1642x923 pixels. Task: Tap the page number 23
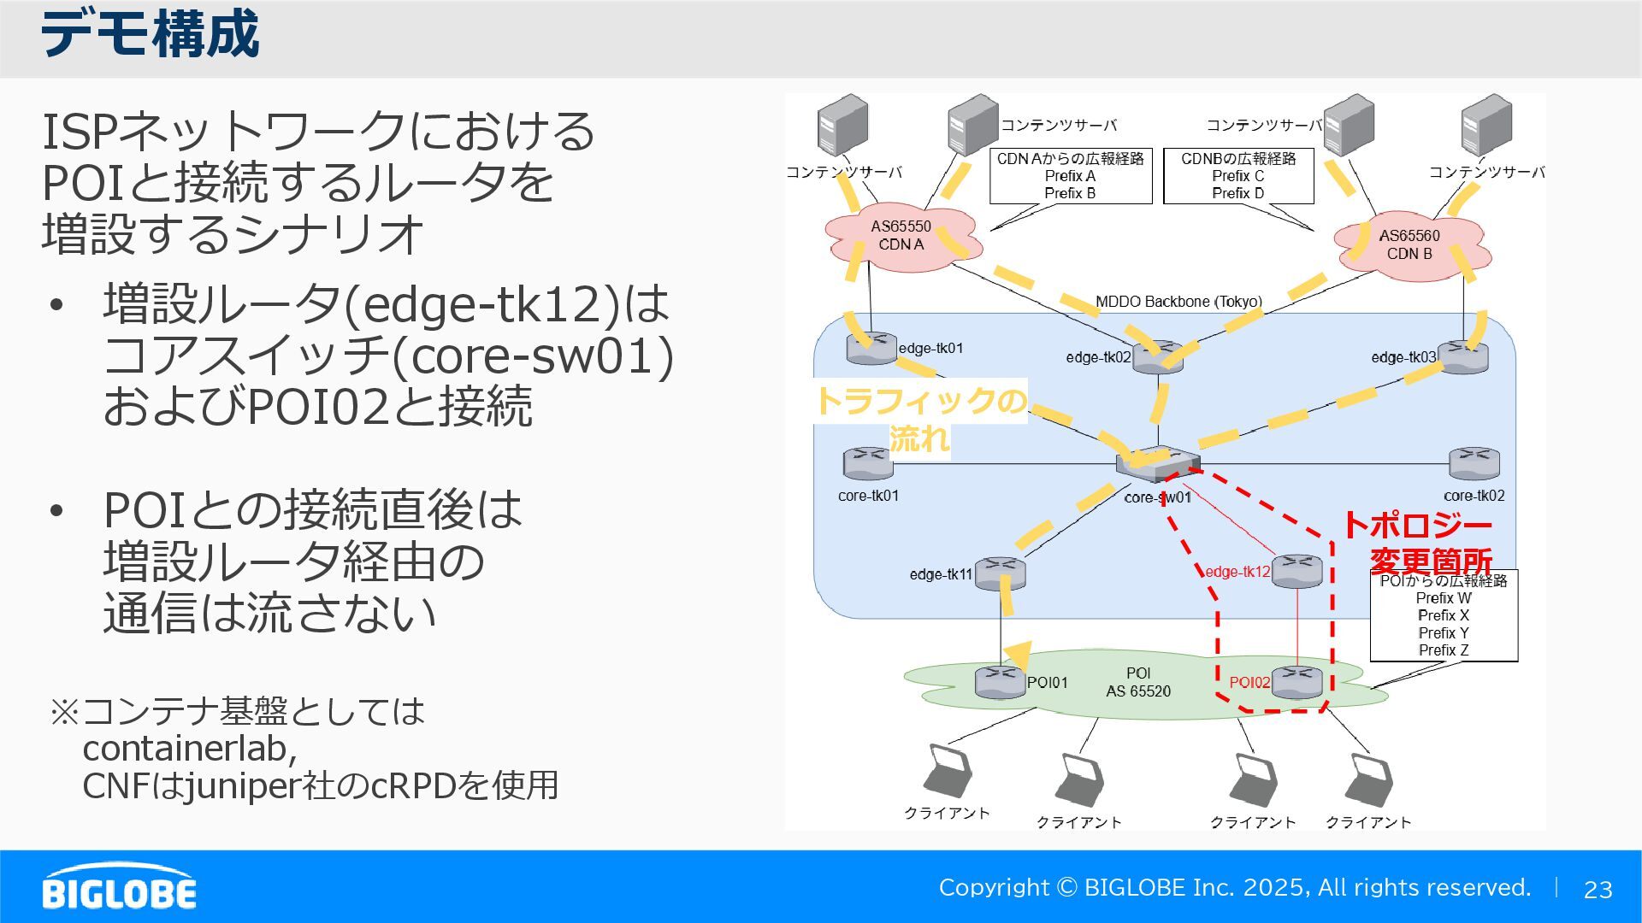point(1598,890)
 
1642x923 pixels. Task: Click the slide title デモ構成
point(150,35)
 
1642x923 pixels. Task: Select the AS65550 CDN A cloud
point(901,238)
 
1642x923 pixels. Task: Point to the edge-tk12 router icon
point(1296,571)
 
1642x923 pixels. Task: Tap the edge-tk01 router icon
point(871,348)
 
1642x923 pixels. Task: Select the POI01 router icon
point(1000,681)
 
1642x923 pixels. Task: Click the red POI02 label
point(1249,683)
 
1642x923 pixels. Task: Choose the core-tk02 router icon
point(1474,463)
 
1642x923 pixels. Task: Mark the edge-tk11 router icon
point(999,573)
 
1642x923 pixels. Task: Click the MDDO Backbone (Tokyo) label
point(1178,302)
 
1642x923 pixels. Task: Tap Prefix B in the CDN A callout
point(1069,193)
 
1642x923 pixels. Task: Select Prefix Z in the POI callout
point(1443,650)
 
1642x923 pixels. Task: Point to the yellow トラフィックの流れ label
point(920,419)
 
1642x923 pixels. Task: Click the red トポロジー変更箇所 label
point(1420,543)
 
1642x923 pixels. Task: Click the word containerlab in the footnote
point(188,749)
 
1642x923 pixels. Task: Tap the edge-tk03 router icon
point(1463,356)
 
